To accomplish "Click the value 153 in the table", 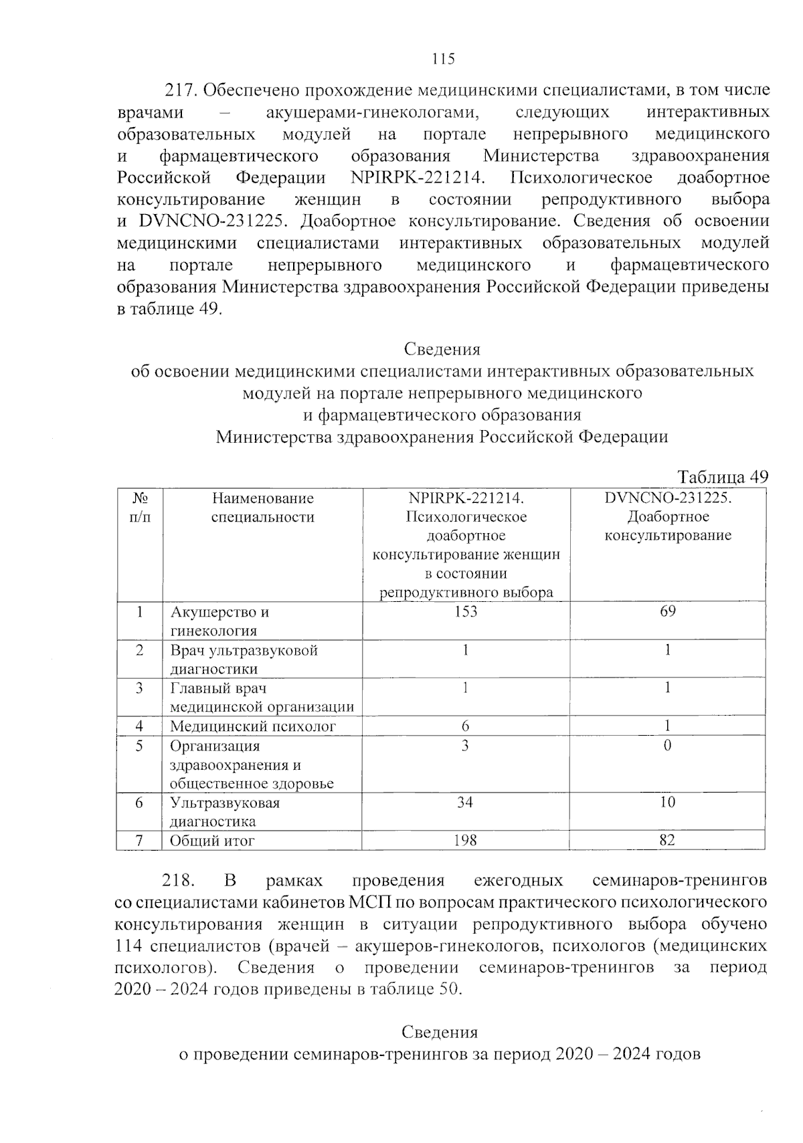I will (x=465, y=611).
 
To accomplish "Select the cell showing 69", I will (x=667, y=611).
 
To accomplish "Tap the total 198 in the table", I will (x=465, y=840).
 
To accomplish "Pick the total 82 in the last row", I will (x=667, y=840).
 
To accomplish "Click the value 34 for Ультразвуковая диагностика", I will (x=465, y=802).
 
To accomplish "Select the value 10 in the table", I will (x=667, y=802).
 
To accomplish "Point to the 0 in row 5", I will (x=667, y=745).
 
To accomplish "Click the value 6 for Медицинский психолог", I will (x=465, y=726).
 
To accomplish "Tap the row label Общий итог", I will (x=212, y=841).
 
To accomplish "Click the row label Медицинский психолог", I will (x=253, y=726).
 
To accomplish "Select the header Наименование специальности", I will (x=262, y=507).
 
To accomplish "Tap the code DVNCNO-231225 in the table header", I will (x=667, y=498).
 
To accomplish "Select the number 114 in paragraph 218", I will (x=128, y=946).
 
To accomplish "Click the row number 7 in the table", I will (x=139, y=840).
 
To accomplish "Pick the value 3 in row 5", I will (x=465, y=745).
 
